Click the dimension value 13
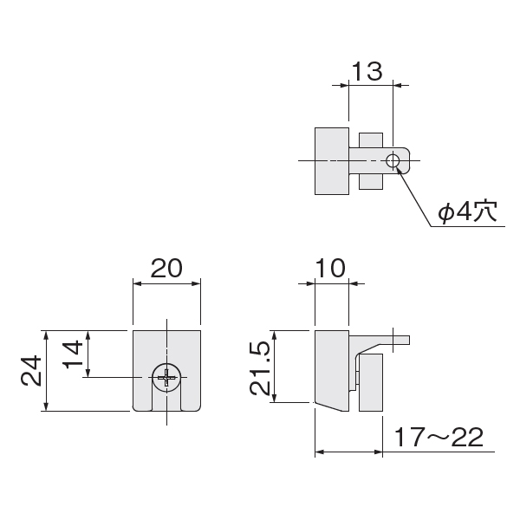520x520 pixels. [x=367, y=71]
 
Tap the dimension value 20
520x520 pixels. [x=166, y=269]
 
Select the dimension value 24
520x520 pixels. [x=31, y=371]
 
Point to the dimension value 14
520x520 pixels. [x=73, y=354]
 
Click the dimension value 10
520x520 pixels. [x=330, y=269]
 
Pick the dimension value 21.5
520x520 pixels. [x=260, y=369]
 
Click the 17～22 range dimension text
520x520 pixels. [x=439, y=437]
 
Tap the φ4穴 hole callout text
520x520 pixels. [x=468, y=211]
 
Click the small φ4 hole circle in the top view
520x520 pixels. [x=393, y=161]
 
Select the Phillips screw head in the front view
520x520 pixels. [x=166, y=377]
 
